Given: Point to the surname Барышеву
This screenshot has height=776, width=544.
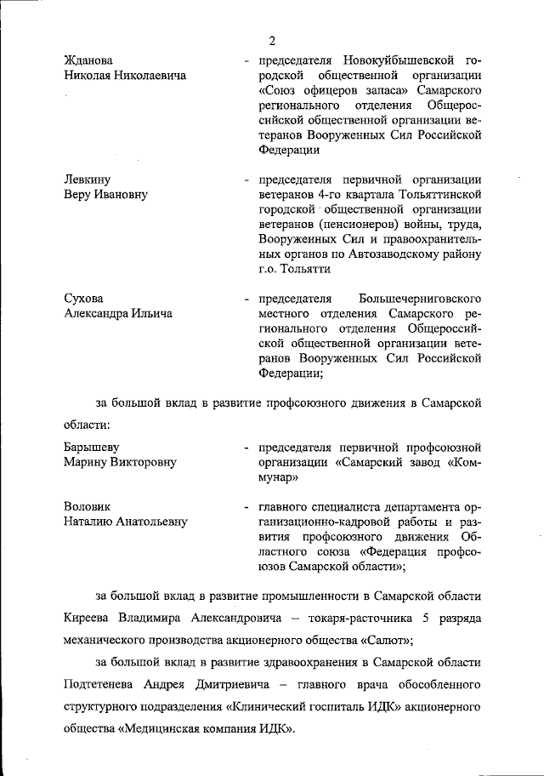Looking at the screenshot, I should tap(91, 447).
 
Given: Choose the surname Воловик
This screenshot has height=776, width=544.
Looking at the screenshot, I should tap(88, 506).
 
